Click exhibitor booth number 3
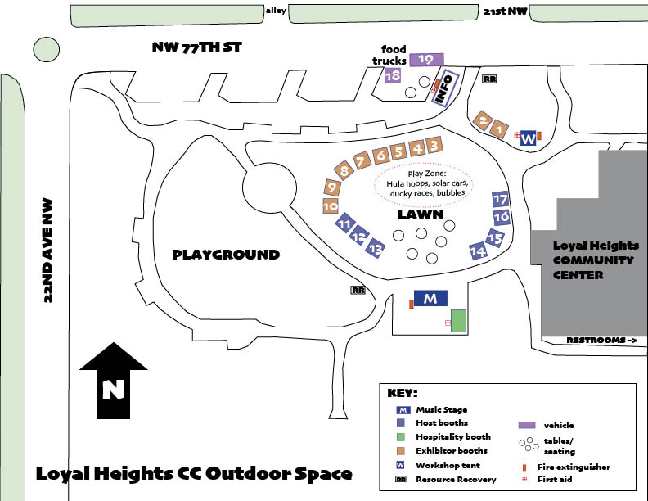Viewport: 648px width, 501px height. click(434, 146)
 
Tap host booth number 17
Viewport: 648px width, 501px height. click(501, 199)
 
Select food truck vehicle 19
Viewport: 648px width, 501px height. click(426, 60)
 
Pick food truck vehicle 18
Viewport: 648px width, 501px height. click(393, 75)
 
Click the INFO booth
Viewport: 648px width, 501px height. click(444, 88)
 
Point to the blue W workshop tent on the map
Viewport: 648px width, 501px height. click(529, 138)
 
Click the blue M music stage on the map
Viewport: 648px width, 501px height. click(430, 298)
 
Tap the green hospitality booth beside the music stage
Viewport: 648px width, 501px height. click(458, 321)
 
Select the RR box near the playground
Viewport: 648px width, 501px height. click(358, 290)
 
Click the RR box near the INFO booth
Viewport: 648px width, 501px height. click(489, 79)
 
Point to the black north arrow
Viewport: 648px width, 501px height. click(114, 381)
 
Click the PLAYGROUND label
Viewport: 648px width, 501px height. click(226, 255)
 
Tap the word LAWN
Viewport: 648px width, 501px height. click(421, 214)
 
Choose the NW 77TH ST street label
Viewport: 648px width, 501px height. click(196, 47)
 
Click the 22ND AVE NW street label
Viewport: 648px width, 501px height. click(48, 250)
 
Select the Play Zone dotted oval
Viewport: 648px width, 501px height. click(425, 185)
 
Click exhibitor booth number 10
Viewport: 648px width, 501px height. click(331, 205)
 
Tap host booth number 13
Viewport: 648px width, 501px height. click(376, 248)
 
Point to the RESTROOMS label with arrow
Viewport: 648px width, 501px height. click(601, 341)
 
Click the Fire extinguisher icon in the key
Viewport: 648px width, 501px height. click(524, 467)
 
